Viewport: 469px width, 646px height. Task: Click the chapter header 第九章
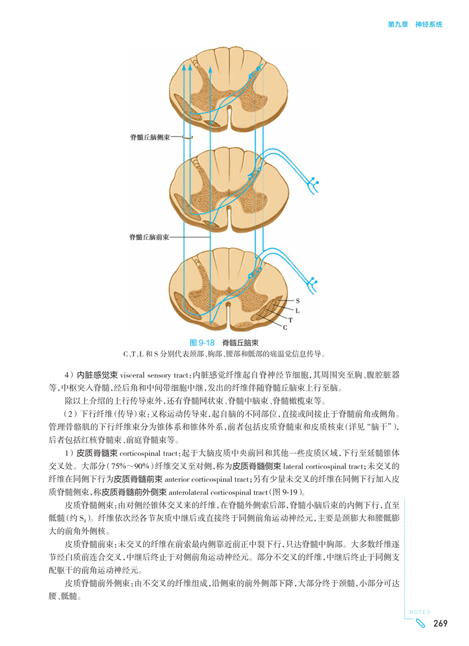tap(398, 24)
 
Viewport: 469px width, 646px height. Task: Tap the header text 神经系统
tap(429, 24)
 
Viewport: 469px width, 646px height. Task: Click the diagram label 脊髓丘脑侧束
tap(150, 137)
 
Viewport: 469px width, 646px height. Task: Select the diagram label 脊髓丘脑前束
tap(149, 237)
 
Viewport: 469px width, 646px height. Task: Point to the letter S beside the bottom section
tap(298, 301)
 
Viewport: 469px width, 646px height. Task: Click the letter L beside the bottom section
tap(297, 311)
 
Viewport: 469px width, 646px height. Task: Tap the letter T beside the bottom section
tap(290, 320)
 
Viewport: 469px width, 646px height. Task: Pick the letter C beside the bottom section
tap(285, 328)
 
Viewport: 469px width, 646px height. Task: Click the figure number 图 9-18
tap(202, 343)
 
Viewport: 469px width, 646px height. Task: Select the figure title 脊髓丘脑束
tap(240, 343)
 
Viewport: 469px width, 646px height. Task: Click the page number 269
tap(441, 623)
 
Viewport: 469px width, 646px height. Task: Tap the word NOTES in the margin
tap(420, 612)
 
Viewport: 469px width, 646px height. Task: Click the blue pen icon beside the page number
tap(420, 624)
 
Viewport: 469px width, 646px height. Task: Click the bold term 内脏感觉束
tap(97, 375)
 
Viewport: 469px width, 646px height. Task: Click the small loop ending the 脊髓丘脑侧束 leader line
tap(187, 137)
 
